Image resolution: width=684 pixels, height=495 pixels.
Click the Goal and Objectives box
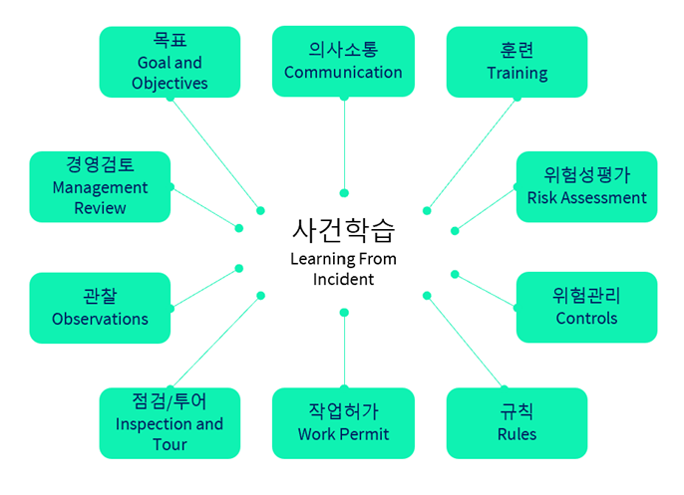170,62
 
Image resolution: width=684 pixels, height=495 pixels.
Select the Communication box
343,62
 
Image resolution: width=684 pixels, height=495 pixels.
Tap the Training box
516,62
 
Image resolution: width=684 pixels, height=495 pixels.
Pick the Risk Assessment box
586,186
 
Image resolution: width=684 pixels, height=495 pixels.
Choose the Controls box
586,307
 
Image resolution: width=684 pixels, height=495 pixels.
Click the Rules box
516,422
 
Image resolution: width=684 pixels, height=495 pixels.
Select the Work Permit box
343,422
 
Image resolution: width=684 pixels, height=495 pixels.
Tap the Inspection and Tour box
170,422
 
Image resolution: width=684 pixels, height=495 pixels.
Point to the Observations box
100,307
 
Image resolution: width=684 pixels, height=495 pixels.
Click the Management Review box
100,186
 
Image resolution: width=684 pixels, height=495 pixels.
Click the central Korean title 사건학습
343,230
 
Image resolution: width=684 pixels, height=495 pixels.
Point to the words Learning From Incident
343,269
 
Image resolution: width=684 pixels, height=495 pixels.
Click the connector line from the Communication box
344,144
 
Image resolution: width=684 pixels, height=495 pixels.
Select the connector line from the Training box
472,154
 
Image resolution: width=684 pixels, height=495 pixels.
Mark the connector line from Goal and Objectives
215,154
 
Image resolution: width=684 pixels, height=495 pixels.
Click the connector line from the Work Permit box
344,349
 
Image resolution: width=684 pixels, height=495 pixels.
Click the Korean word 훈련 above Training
516,50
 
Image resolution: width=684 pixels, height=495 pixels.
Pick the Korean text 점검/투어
170,400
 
